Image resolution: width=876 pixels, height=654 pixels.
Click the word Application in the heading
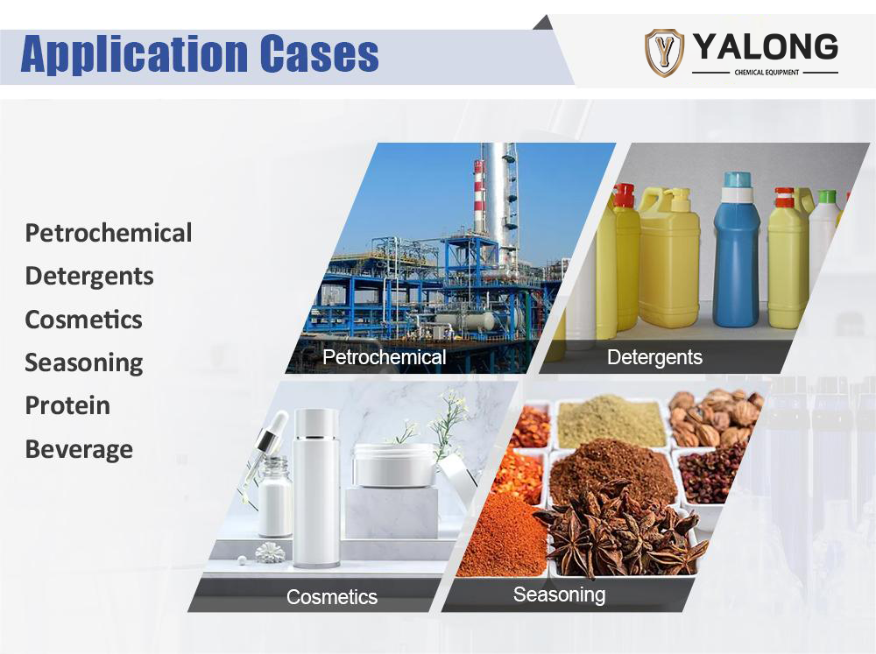click(134, 54)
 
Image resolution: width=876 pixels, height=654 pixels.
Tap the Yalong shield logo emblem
click(664, 53)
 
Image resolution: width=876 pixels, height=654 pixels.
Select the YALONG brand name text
click(766, 47)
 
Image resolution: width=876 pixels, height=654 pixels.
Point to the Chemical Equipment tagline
click(766, 72)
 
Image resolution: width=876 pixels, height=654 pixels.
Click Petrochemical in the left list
click(109, 233)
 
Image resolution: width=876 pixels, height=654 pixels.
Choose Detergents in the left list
click(89, 277)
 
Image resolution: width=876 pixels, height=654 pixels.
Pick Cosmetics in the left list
click(84, 320)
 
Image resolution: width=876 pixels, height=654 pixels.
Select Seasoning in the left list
click(84, 363)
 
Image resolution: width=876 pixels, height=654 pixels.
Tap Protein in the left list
click(67, 405)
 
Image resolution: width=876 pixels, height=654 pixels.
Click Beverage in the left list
click(79, 450)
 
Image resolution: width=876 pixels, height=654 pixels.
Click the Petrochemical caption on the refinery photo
click(385, 357)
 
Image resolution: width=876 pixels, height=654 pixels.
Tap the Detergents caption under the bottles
click(654, 357)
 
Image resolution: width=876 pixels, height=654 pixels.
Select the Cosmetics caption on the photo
click(332, 596)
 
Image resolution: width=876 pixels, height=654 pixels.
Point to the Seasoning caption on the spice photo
click(559, 594)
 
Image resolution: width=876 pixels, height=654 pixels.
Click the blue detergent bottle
click(737, 250)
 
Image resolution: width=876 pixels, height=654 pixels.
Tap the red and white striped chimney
click(479, 193)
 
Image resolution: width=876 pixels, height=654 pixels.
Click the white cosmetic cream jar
click(394, 465)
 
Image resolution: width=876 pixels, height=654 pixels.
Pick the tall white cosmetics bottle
click(316, 488)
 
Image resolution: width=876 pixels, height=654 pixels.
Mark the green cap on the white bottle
click(827, 197)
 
